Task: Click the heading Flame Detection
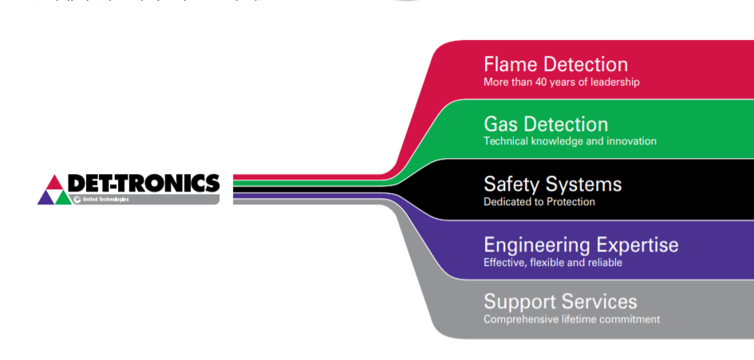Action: [x=555, y=65]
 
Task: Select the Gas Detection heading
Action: [x=546, y=125]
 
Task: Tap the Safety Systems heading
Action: [x=552, y=184]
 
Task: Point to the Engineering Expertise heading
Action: [x=581, y=244]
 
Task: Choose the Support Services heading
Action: [x=560, y=302]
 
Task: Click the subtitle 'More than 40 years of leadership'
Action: [x=561, y=81]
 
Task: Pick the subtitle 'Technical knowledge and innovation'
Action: [x=570, y=141]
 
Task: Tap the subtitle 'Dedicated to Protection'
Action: [x=539, y=202]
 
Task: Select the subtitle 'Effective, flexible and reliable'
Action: [x=553, y=262]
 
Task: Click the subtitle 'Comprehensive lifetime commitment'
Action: [x=571, y=319]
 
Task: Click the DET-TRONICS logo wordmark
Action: [x=144, y=184]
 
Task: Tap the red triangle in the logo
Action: [x=54, y=182]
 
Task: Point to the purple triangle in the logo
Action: [x=46, y=196]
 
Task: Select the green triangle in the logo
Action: [x=63, y=196]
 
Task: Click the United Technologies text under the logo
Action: [x=105, y=199]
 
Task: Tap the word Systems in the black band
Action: [x=583, y=184]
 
